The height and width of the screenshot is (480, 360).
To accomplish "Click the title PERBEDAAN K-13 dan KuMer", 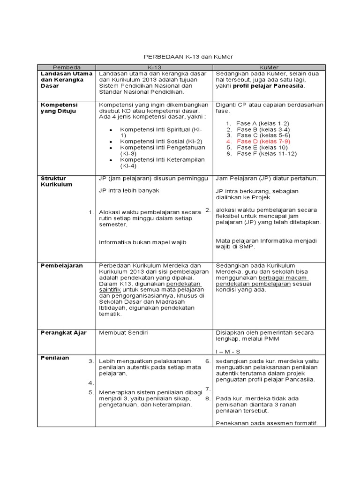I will pos(187,57).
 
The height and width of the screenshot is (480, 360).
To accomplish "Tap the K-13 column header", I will pos(154,67).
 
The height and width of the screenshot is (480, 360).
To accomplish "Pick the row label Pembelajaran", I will pos(62,265).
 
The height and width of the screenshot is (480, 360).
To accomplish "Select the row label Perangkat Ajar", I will pos(64,332).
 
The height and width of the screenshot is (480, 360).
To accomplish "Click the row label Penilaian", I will pos(55,358).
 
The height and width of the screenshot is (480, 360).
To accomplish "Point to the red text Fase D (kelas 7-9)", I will pos(263,141).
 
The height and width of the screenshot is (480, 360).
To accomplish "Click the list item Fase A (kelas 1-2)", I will pos(263,123).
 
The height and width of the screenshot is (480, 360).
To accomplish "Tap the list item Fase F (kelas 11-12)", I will pos(267,153).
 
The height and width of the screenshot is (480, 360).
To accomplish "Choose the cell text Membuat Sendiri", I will pos(123,332).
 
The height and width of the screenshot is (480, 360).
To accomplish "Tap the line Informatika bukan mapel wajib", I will pos(143,242).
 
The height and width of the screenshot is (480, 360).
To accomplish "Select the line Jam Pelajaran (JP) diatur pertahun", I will pos(267,179).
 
